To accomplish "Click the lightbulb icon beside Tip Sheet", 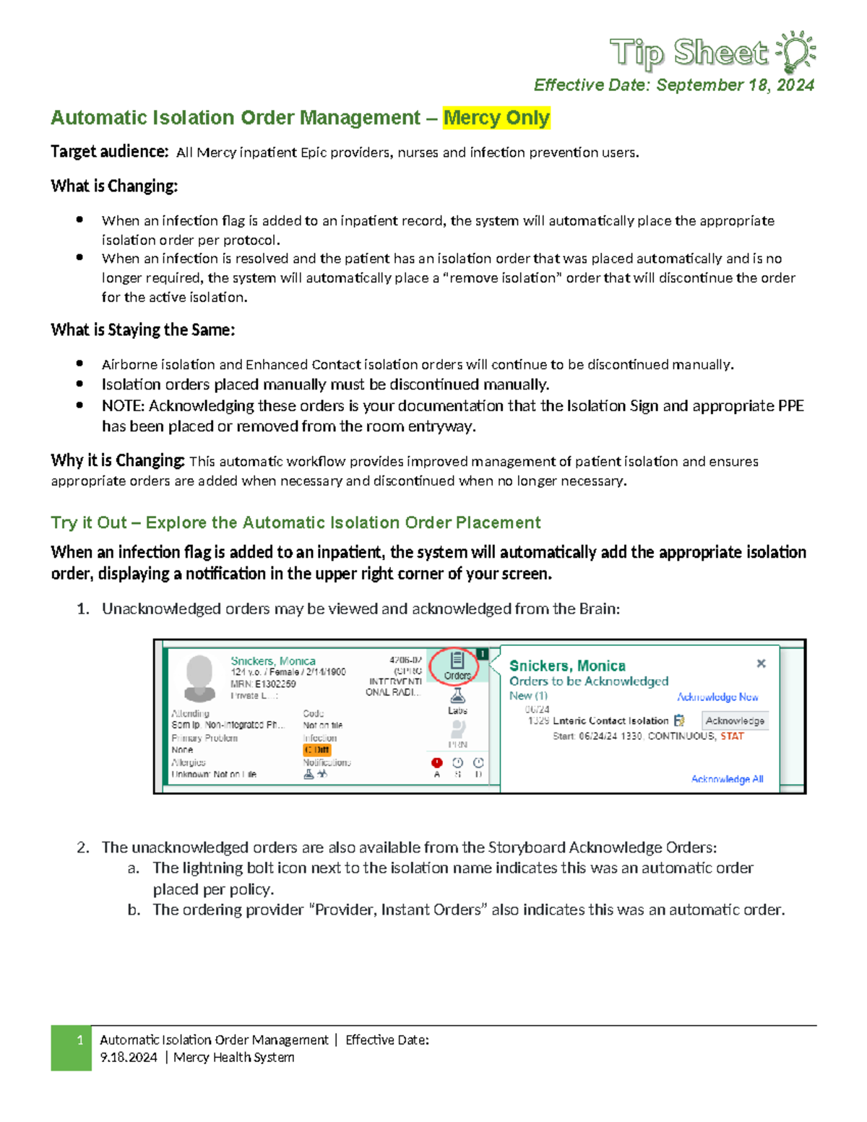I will pos(796,52).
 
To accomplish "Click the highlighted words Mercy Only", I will pos(496,118).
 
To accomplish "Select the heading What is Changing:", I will pos(114,186).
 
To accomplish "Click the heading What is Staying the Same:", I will pos(142,330).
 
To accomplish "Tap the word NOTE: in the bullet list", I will pos(123,406).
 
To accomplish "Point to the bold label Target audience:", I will pos(109,152).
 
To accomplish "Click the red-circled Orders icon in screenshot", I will pos(457,665).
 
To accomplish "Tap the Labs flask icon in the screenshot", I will pos(457,697).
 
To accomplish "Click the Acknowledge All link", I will pos(727,779).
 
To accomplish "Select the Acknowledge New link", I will pos(717,697).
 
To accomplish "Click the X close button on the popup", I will pos(761,663).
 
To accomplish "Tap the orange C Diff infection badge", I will pos(316,750).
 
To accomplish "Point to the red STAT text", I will pos(732,736).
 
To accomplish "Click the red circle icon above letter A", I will pos(436,762).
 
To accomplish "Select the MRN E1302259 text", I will pos(263,683).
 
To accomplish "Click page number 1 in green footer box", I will pos(79,1040).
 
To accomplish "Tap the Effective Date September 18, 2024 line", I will pos(673,85).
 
